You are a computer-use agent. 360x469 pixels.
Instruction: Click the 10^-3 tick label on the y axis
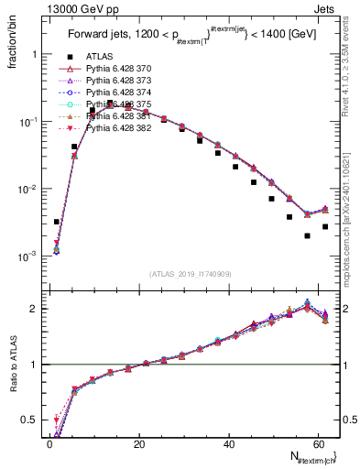[25, 256]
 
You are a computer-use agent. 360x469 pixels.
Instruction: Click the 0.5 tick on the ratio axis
[27, 420]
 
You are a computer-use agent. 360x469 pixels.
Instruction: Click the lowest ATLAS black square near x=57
[308, 235]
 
